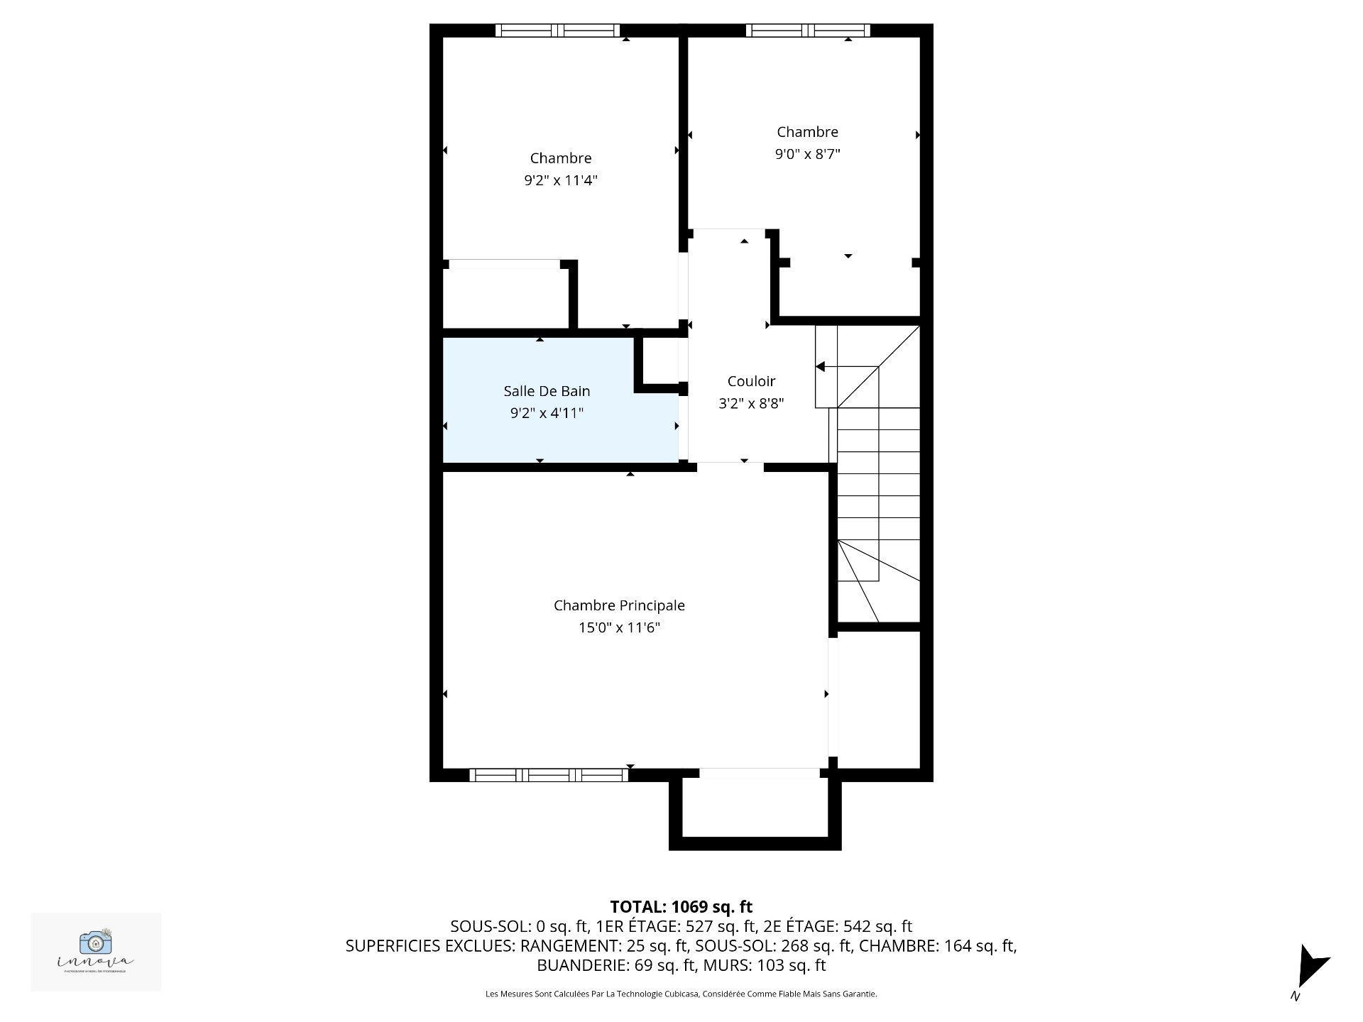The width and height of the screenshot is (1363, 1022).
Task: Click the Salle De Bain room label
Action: (x=547, y=391)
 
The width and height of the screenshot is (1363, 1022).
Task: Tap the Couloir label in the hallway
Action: (x=751, y=381)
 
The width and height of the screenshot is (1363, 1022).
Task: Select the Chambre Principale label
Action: (x=619, y=605)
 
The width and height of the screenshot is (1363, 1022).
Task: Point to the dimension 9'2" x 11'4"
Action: (x=561, y=180)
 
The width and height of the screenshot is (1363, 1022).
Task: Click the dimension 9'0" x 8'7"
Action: (x=807, y=154)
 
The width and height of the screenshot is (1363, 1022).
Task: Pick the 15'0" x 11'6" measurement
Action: (x=619, y=627)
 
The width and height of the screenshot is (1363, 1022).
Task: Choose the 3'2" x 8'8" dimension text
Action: (x=751, y=403)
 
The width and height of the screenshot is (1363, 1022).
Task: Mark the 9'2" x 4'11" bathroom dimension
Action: (x=547, y=413)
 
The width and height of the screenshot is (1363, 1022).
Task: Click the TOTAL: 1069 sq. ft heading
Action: (x=681, y=906)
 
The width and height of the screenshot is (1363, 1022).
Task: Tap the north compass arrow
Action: (x=1310, y=966)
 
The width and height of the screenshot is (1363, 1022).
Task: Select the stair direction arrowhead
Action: (x=820, y=367)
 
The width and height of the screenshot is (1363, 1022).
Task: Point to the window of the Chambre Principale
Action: (x=549, y=774)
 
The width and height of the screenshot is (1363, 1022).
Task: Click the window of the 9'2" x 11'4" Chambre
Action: (x=557, y=31)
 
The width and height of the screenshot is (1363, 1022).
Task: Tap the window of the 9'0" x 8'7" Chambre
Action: (x=807, y=31)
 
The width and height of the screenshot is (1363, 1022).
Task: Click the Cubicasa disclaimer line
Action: (x=681, y=994)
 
